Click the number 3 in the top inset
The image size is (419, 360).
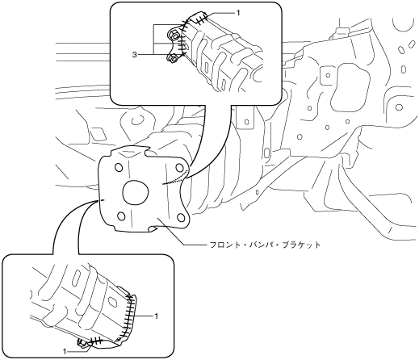point(135,55)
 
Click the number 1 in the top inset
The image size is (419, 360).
point(238,13)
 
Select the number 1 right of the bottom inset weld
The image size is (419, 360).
point(156,316)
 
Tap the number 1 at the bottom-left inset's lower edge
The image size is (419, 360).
point(65,351)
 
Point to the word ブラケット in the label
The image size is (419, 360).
point(303,245)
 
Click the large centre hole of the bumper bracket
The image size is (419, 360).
point(136,192)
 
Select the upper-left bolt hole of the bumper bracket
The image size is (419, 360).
point(118,168)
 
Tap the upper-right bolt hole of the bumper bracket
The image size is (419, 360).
point(179,167)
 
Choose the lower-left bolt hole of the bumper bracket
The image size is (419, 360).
point(121,216)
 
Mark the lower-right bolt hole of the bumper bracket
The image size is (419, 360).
point(181,217)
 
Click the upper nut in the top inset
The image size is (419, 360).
point(174,35)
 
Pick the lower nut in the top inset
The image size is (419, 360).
point(173,57)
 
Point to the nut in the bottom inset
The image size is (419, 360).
point(82,343)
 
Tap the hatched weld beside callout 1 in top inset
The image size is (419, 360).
point(201,19)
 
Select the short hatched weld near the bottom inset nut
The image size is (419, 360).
point(96,341)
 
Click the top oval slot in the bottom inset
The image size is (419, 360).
point(77,278)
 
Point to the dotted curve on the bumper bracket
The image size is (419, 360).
point(175,179)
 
